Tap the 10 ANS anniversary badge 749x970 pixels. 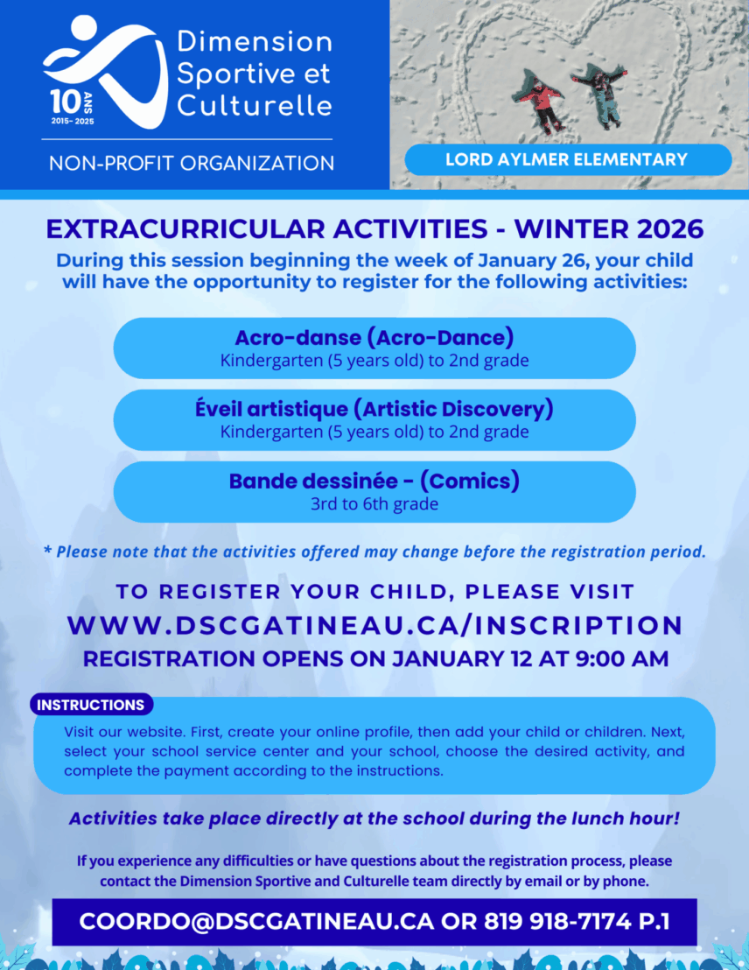pyautogui.click(x=73, y=108)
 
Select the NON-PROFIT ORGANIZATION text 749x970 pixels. pyautogui.click(x=192, y=164)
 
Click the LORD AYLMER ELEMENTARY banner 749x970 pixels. pyautogui.click(x=568, y=159)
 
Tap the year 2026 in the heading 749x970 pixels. pyautogui.click(x=670, y=228)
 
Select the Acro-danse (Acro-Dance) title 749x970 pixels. pyautogui.click(x=374, y=338)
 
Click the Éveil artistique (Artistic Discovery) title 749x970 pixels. pyautogui.click(x=374, y=409)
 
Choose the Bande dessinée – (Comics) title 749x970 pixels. pyautogui.click(x=374, y=481)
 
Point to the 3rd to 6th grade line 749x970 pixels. pyautogui.click(x=374, y=503)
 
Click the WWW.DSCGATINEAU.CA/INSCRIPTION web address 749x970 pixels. pyautogui.click(x=374, y=625)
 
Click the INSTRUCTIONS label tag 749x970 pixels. pyautogui.click(x=91, y=705)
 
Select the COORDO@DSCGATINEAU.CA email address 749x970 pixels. pyautogui.click(x=256, y=921)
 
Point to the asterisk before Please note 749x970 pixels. pyautogui.click(x=47, y=549)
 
